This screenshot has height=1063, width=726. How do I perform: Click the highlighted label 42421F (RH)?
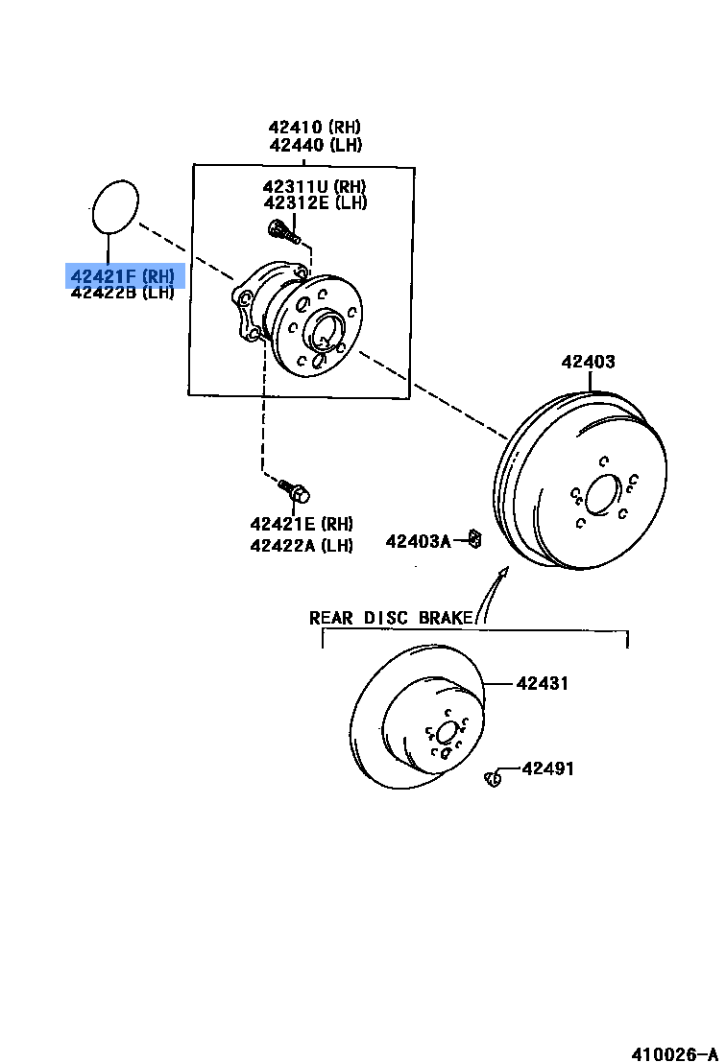[123, 276]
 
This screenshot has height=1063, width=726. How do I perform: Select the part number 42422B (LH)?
[122, 293]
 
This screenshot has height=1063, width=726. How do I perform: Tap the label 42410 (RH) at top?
[315, 128]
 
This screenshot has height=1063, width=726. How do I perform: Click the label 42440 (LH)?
[315, 146]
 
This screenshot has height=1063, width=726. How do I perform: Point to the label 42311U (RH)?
[315, 186]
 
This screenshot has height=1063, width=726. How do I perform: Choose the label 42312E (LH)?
[315, 202]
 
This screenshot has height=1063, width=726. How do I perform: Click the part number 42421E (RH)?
[302, 524]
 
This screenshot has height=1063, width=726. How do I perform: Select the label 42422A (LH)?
[302, 545]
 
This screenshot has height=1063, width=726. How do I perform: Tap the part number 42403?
[589, 362]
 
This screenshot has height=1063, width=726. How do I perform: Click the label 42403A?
[418, 541]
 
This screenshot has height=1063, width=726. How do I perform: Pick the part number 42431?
[543, 684]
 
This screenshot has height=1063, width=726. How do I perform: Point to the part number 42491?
[548, 768]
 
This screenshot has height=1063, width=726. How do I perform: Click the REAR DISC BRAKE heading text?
[391, 618]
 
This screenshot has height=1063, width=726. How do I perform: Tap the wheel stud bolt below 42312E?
[281, 230]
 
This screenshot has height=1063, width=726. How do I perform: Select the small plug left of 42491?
[494, 778]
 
